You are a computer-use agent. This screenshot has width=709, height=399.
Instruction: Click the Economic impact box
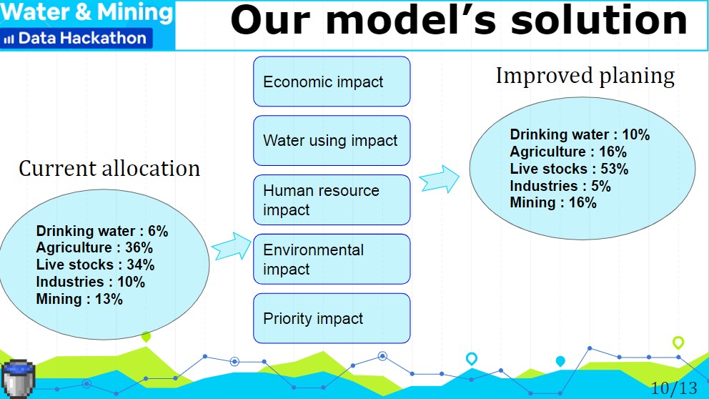(332, 82)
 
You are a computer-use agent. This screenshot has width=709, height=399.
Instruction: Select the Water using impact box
(332, 140)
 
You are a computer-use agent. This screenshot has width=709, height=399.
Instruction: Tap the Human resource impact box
(332, 200)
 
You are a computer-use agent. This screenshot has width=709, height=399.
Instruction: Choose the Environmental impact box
(332, 260)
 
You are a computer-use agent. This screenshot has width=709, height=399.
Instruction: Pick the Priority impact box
(332, 318)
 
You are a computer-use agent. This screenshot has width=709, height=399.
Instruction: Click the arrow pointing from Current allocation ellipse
(231, 246)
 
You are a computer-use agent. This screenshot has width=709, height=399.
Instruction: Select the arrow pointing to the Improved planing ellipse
(440, 179)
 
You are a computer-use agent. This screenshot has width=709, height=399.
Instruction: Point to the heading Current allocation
(109, 168)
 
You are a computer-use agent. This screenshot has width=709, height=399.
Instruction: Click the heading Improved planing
(585, 76)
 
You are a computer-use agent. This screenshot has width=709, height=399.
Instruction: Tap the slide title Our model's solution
(459, 21)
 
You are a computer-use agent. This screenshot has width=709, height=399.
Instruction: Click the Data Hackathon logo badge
(76, 39)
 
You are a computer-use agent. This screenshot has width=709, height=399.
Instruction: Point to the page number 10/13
(674, 388)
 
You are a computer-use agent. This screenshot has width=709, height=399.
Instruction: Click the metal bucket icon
(18, 379)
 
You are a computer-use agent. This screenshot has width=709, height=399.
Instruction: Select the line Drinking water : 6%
(102, 231)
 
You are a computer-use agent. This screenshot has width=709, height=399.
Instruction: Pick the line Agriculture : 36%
(94, 247)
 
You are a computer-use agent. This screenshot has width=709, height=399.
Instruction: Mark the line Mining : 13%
(79, 299)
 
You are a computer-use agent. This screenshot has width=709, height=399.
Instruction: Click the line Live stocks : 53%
(570, 169)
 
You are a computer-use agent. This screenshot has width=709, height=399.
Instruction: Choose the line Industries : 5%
(560, 186)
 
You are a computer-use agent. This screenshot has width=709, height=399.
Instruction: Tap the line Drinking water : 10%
(580, 134)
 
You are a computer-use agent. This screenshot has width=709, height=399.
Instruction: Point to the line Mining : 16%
(553, 202)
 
